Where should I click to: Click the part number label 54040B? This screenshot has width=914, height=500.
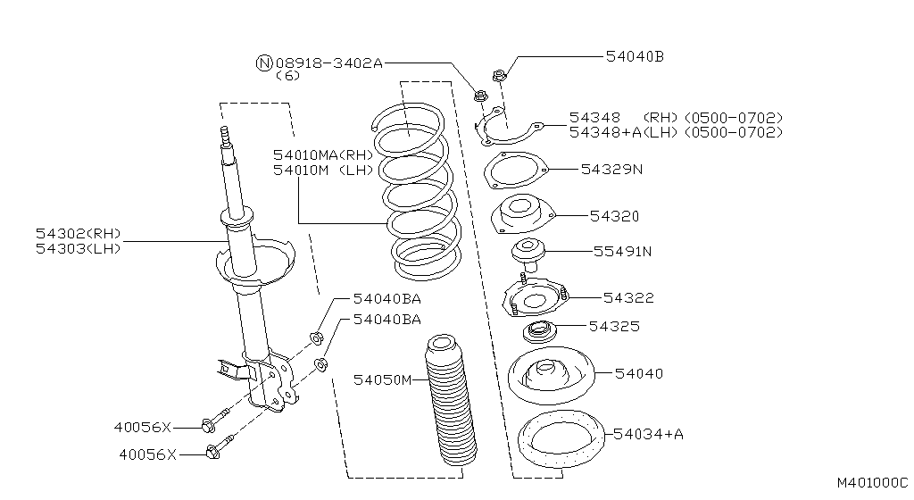(x=635, y=56)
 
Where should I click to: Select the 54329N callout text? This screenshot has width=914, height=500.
(x=611, y=168)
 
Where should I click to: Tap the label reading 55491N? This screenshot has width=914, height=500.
(x=622, y=251)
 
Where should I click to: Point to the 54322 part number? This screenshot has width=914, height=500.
(x=628, y=297)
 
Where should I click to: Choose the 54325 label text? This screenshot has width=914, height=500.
(x=613, y=327)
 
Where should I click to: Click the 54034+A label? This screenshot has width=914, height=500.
(x=648, y=434)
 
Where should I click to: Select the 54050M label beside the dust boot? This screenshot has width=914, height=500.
(x=382, y=380)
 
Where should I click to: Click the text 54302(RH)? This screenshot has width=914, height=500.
(x=78, y=234)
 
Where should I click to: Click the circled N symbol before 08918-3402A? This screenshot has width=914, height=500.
(x=263, y=62)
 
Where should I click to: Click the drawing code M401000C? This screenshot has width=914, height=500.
(x=871, y=482)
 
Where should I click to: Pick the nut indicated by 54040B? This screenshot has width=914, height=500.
(x=500, y=75)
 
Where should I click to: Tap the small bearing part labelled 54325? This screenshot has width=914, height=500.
(x=539, y=331)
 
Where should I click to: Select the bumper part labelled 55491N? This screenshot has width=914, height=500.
(x=528, y=253)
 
